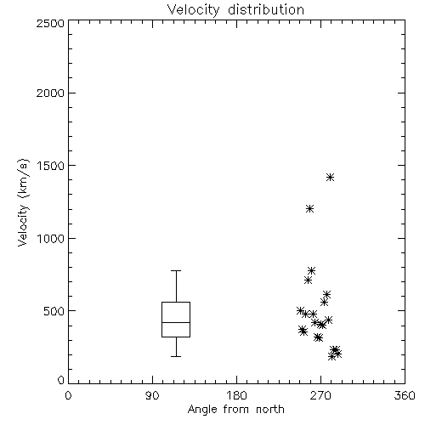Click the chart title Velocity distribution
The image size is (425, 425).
click(x=235, y=10)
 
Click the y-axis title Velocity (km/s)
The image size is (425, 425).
click(x=23, y=202)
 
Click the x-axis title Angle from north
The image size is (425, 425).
click(x=235, y=410)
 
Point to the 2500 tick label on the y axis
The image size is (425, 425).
click(x=50, y=23)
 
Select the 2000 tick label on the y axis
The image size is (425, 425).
click(x=50, y=93)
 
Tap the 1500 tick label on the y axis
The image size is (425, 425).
click(x=51, y=166)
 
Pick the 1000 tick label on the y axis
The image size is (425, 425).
click(x=51, y=239)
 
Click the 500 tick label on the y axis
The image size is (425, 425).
click(x=54, y=311)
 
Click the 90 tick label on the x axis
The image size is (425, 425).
click(x=152, y=395)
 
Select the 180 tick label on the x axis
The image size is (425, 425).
click(x=236, y=395)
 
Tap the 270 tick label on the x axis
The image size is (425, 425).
click(x=320, y=395)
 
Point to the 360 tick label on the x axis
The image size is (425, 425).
click(x=405, y=395)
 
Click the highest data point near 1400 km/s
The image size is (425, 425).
click(x=330, y=178)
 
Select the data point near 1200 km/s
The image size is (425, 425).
click(x=309, y=209)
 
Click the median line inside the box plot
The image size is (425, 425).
click(x=176, y=322)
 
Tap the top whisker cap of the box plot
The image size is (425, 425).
click(x=176, y=271)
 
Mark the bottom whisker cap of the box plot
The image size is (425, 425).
click(x=176, y=356)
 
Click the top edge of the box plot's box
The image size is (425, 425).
click(x=176, y=303)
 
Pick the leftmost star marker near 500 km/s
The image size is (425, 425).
click(x=300, y=310)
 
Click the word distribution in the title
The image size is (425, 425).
click(x=266, y=10)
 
